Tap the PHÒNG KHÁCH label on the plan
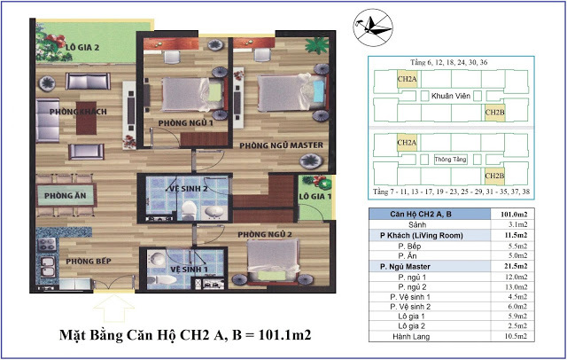point(72,112)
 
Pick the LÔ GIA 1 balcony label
point(315,196)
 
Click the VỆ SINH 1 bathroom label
point(189,269)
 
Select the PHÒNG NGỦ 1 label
point(185,123)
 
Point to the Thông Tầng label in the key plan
point(450,160)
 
